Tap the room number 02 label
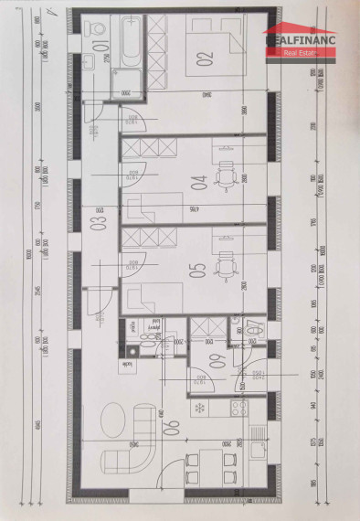(x=203, y=60)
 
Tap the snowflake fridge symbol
(x=198, y=407)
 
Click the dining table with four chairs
(x=203, y=465)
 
